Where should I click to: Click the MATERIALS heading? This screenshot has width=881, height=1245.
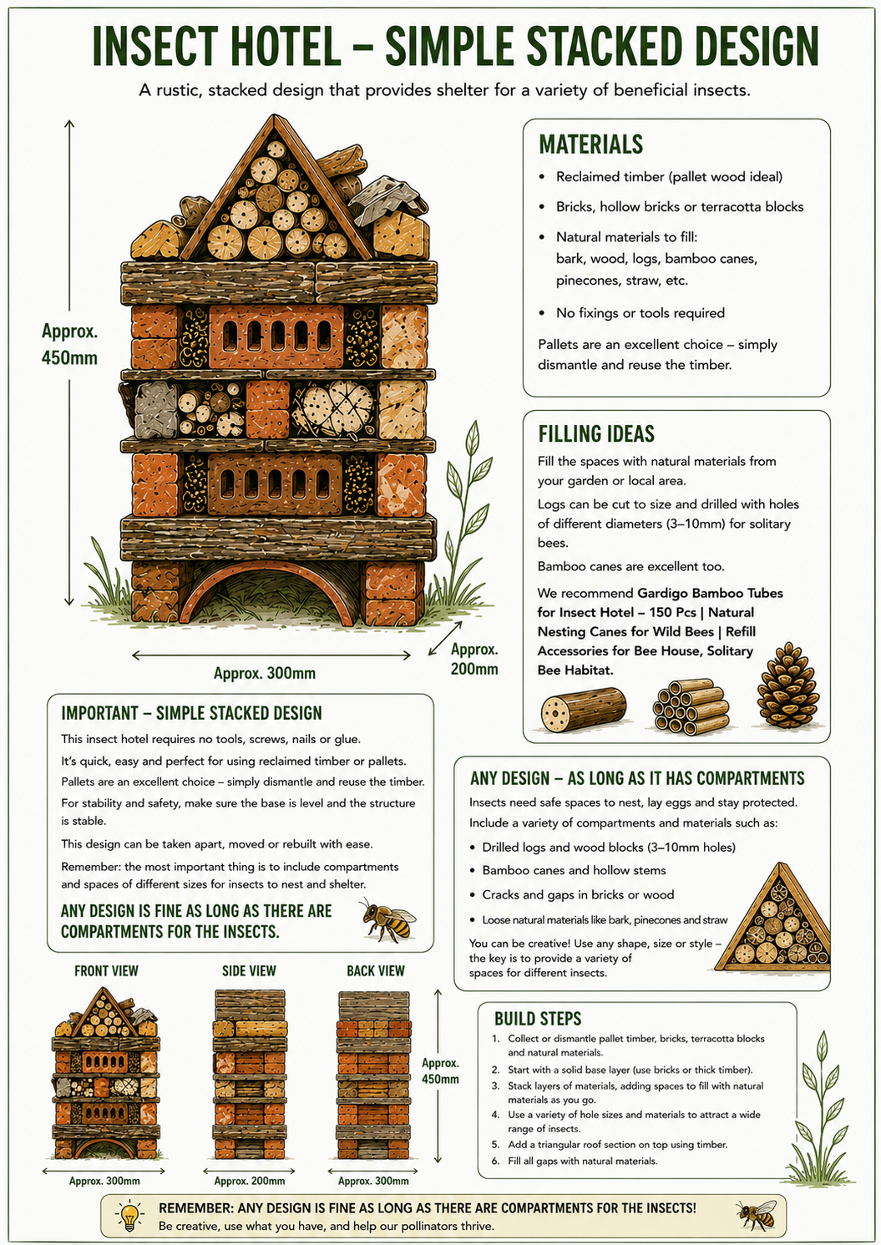coord(591,144)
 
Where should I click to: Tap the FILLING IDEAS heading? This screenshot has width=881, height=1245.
coord(596,433)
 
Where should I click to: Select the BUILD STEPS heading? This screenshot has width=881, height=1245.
coord(538,1018)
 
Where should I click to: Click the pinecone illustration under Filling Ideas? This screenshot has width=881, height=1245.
coord(788,685)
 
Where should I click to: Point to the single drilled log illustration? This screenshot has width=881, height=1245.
coord(583,710)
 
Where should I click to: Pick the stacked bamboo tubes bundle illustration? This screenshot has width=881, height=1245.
coord(691,706)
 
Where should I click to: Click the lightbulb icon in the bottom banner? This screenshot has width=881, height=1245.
coord(130,1216)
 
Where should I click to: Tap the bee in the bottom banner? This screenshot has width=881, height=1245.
coord(757,1214)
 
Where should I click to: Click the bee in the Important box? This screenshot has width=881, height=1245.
coord(388,920)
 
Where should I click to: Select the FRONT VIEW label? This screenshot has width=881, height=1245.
coord(106,970)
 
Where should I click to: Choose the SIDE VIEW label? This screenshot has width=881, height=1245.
coord(249,970)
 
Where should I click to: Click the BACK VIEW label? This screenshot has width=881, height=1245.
coord(376,970)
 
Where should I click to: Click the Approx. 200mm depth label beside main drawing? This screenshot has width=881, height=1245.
coord(474,659)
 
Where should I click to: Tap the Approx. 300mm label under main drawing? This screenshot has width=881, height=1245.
coord(265,673)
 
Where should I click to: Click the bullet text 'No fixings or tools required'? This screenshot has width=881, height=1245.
coord(640,313)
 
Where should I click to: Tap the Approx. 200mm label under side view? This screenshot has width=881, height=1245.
coord(250,1181)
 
